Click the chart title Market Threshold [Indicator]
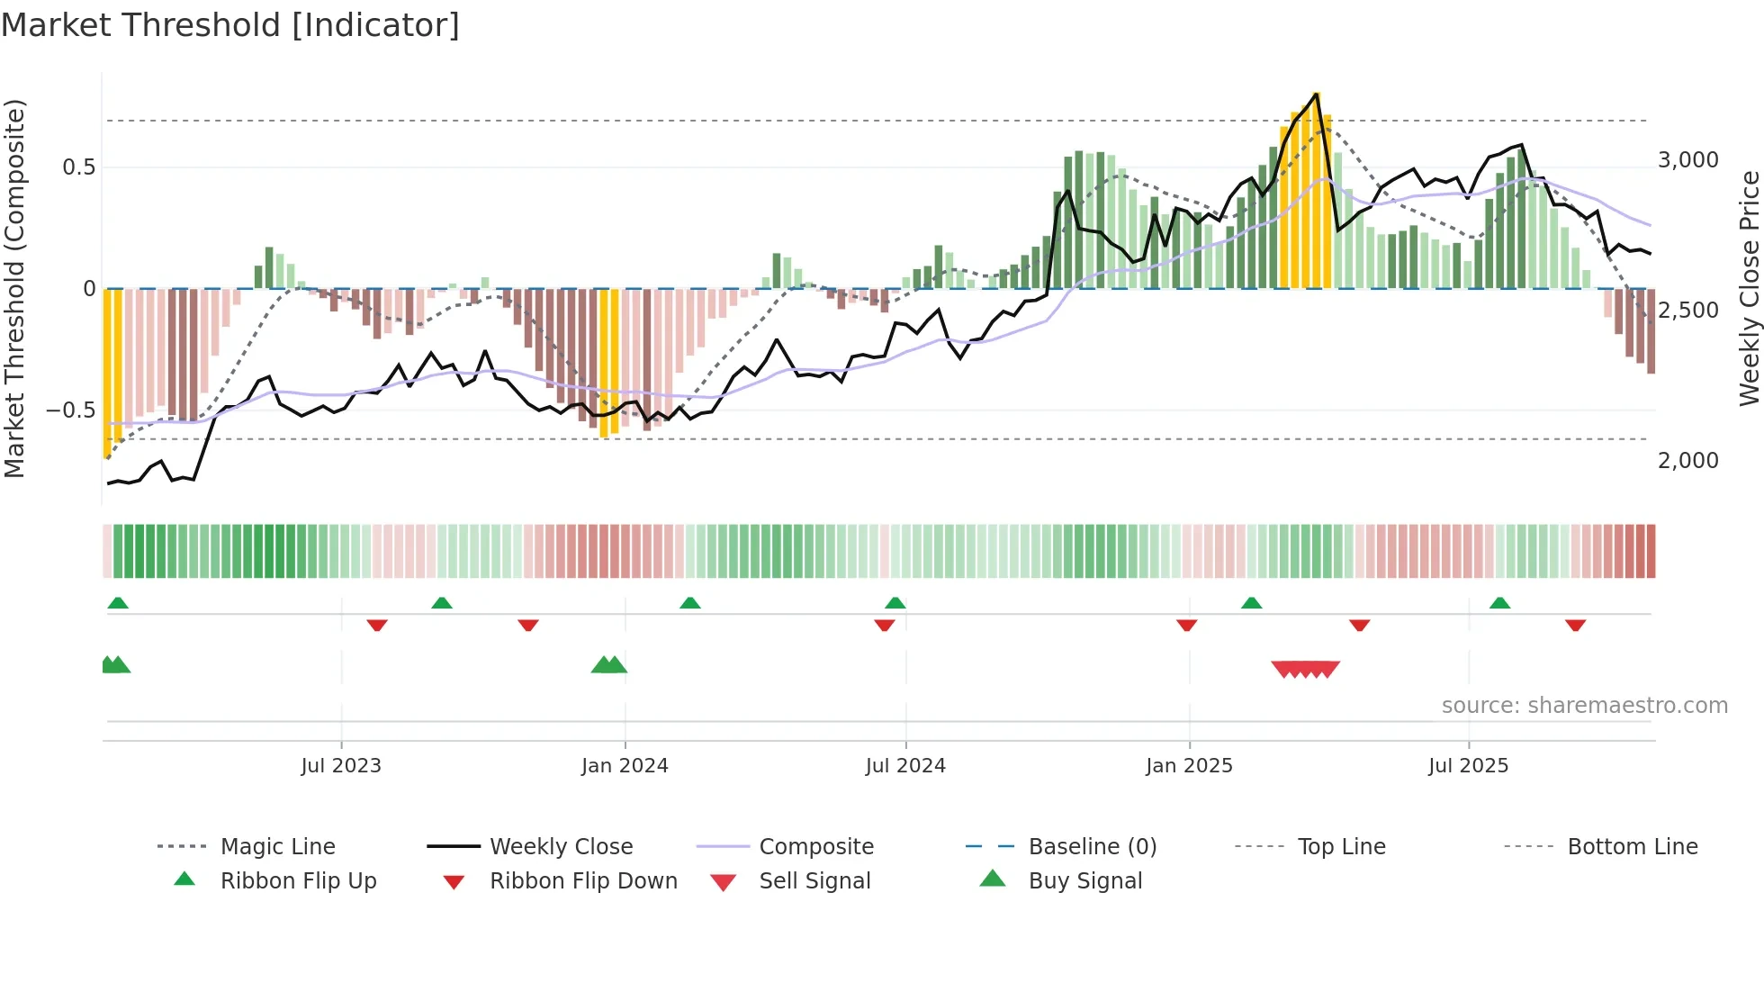click(230, 25)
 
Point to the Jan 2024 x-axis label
click(625, 766)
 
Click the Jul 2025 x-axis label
click(1468, 766)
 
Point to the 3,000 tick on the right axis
click(1687, 160)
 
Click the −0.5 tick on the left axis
click(71, 410)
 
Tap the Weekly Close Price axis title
click(1749, 288)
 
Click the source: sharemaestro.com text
click(1584, 706)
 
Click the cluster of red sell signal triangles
click(1305, 669)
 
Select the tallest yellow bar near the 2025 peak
click(1316, 189)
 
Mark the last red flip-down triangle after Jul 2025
click(1575, 625)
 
